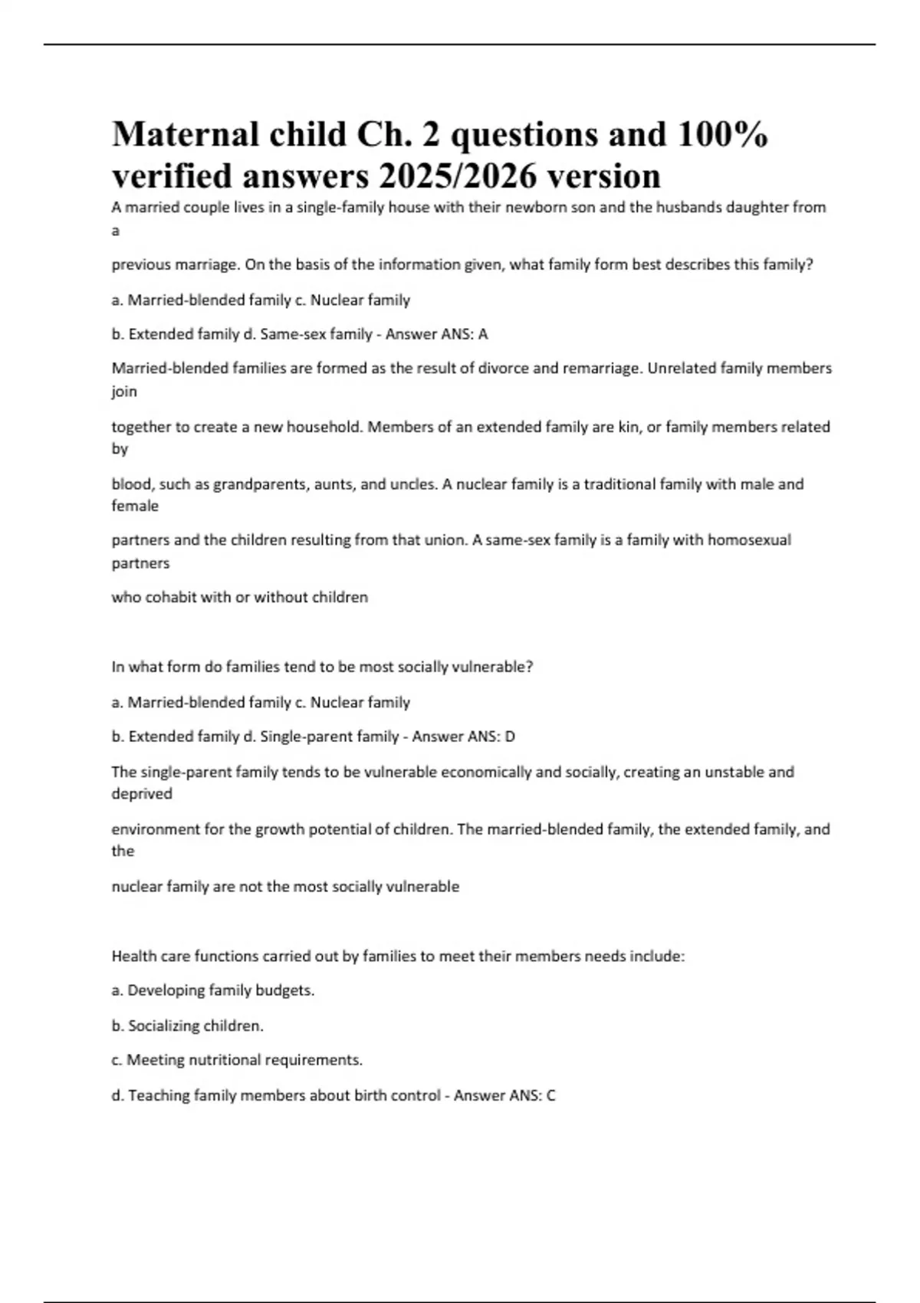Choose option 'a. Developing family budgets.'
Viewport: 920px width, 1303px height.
click(213, 990)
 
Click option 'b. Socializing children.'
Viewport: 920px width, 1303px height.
click(188, 1026)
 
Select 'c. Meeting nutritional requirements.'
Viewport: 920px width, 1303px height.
click(237, 1060)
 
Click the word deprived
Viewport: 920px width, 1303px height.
click(142, 794)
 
